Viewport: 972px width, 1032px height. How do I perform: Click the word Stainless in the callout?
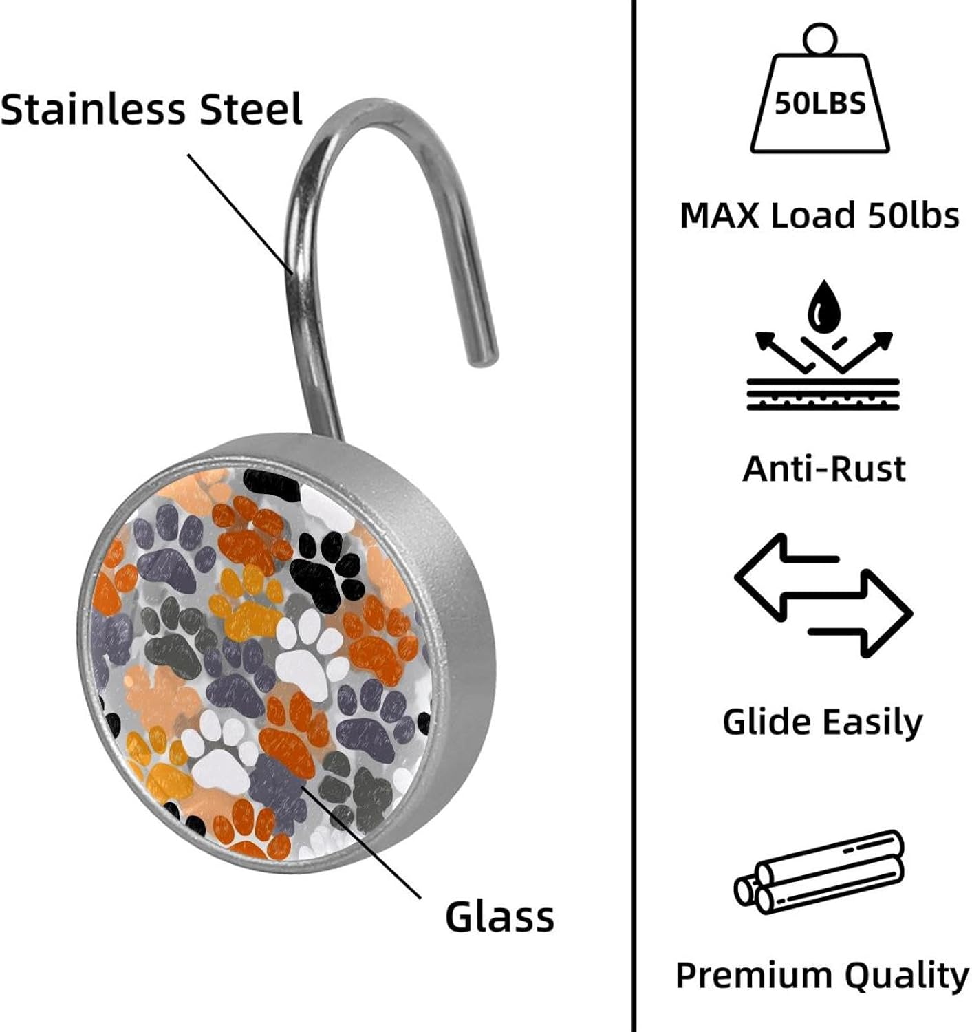click(94, 109)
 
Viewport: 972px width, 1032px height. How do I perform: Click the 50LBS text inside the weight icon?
click(820, 104)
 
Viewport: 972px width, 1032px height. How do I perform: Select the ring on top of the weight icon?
click(820, 39)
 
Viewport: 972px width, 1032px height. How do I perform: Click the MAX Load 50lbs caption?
click(820, 215)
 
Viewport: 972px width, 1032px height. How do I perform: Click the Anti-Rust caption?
click(824, 469)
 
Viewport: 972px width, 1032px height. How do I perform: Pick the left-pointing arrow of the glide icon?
click(786, 577)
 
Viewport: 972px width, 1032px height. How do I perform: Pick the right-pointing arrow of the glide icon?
click(861, 614)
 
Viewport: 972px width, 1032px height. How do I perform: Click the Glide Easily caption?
click(823, 723)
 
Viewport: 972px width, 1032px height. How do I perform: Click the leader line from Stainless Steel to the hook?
click(240, 213)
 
